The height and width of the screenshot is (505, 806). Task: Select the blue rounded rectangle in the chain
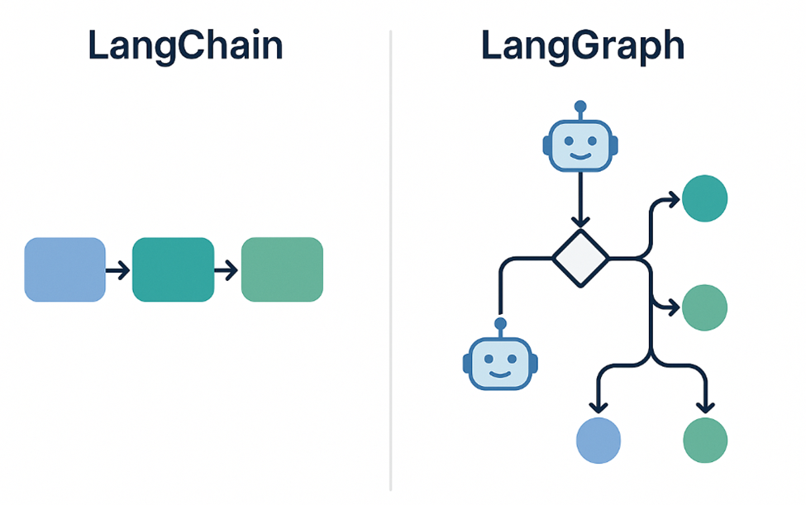pyautogui.click(x=65, y=269)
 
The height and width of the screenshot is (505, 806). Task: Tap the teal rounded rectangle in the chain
pyautogui.click(x=173, y=269)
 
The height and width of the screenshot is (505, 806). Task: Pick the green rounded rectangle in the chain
pyautogui.click(x=282, y=269)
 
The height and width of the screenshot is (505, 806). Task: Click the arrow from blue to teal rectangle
pyautogui.click(x=118, y=269)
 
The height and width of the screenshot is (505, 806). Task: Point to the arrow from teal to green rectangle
pyautogui.click(x=227, y=269)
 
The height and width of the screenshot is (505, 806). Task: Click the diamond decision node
pyautogui.click(x=579, y=259)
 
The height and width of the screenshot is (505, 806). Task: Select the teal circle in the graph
pyautogui.click(x=704, y=198)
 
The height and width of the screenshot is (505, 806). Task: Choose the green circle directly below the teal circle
pyautogui.click(x=704, y=307)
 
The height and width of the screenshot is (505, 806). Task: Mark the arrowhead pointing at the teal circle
pyautogui.click(x=673, y=199)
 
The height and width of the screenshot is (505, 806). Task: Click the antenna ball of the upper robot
pyautogui.click(x=579, y=106)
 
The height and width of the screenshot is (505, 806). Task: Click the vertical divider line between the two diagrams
pyautogui.click(x=390, y=264)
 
